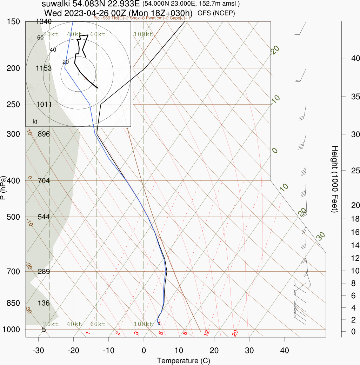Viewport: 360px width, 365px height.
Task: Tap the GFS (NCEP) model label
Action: pos(216,13)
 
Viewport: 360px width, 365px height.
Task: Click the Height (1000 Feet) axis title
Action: pos(334,179)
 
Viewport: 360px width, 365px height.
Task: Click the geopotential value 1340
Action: pos(44,22)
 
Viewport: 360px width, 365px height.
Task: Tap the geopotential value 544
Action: pos(44,217)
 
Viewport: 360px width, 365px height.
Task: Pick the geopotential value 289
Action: pos(44,271)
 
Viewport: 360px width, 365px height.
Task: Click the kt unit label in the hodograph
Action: pos(35,122)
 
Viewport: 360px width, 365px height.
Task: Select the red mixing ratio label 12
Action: pos(207,332)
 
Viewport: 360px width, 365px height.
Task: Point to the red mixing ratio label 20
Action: pos(235,333)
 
